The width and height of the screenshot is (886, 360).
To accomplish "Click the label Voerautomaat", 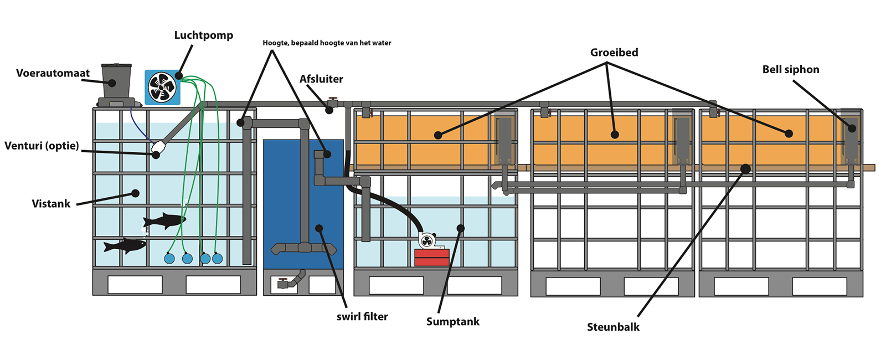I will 53,73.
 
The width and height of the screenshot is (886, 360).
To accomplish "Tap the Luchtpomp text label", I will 203,35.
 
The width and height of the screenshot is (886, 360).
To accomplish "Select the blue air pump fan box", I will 162,88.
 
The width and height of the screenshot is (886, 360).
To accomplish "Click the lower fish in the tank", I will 125,245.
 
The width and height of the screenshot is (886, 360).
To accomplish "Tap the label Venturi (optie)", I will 42,146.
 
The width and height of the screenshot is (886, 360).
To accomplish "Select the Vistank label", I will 51,204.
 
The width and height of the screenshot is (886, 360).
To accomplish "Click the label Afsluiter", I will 321,79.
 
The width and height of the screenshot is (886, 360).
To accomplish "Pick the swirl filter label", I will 362,317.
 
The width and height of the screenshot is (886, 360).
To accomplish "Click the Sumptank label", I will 452,322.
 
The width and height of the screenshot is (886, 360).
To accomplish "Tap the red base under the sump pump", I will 432,258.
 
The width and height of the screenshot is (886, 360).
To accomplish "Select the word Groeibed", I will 614,53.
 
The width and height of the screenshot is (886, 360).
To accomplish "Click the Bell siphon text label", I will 790,70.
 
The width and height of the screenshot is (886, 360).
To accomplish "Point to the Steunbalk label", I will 613,327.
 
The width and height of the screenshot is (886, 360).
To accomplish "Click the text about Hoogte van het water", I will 327,43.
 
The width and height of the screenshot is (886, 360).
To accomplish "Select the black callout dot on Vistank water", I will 135,193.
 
